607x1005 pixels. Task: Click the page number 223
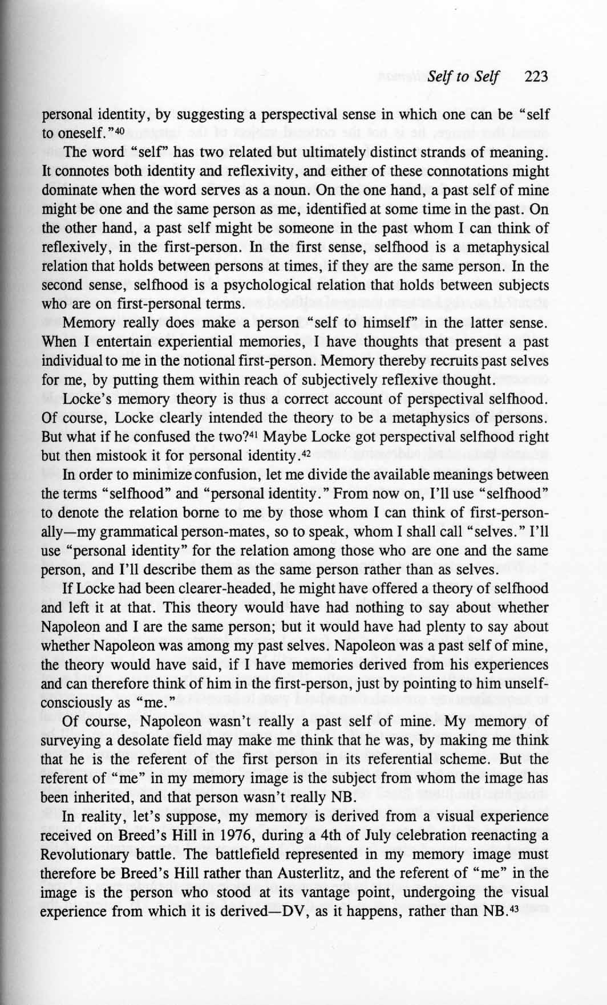click(535, 77)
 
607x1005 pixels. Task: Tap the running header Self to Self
click(463, 77)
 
